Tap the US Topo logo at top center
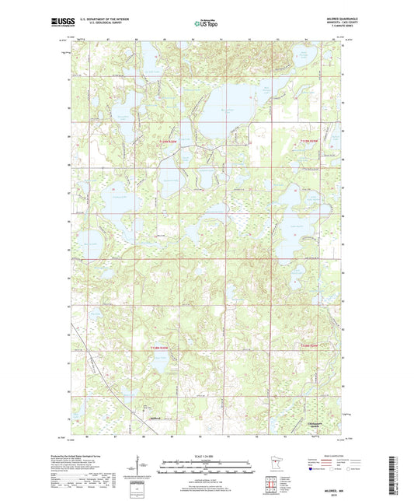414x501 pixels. click(x=205, y=24)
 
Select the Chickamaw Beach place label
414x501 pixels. click(x=315, y=426)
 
